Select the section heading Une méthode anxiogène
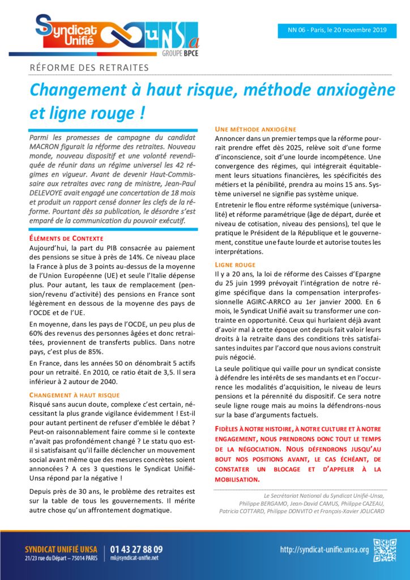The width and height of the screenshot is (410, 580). click(255, 130)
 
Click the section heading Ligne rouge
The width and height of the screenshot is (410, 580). click(235, 265)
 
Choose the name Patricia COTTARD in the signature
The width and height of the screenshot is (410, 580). click(241, 511)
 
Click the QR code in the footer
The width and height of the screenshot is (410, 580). click(385, 550)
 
